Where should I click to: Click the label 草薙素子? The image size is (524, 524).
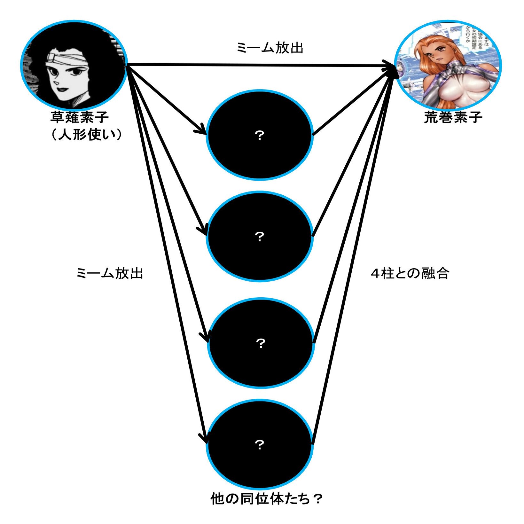pyautogui.click(x=79, y=117)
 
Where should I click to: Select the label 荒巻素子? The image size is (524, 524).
pyautogui.click(x=453, y=117)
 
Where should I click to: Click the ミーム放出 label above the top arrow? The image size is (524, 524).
pyautogui.click(x=270, y=48)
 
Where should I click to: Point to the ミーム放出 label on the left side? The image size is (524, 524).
pyautogui.click(x=110, y=274)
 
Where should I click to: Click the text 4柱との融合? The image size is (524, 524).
pyautogui.click(x=410, y=274)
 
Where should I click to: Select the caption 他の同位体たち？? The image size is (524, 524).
pyautogui.click(x=266, y=499)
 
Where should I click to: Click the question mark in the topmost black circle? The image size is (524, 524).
pyautogui.click(x=260, y=136)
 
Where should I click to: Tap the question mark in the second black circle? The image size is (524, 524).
pyautogui.click(x=260, y=237)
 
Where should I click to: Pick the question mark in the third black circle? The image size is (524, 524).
pyautogui.click(x=261, y=343)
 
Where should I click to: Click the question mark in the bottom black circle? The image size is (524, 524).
pyautogui.click(x=260, y=444)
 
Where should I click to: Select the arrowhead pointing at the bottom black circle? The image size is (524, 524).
pyautogui.click(x=204, y=438)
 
